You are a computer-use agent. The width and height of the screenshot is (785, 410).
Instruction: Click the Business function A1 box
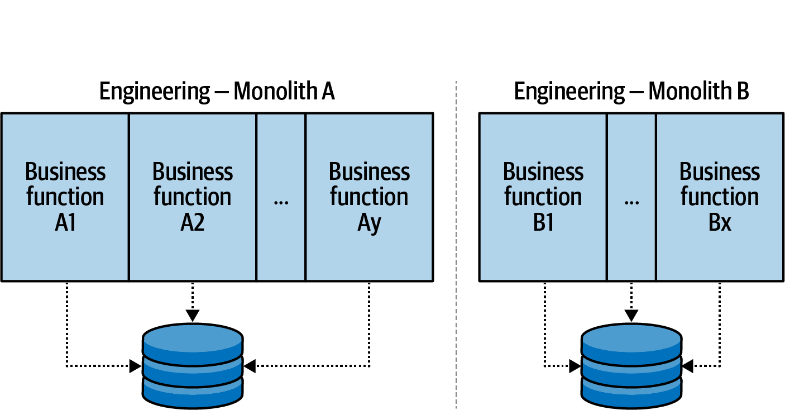[65, 197]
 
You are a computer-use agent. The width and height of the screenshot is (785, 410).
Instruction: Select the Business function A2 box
[193, 197]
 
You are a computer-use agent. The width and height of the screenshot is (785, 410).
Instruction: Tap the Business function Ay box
[369, 197]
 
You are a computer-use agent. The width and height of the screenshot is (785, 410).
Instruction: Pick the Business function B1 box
[543, 197]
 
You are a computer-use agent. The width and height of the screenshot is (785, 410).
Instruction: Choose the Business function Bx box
[720, 197]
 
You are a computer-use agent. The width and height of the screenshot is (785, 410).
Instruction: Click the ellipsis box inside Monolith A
[281, 197]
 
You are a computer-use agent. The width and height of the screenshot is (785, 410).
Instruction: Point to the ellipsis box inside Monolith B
[631, 197]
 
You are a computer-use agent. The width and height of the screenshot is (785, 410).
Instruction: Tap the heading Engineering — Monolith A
[217, 91]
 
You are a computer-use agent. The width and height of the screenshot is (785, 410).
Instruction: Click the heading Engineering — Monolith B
[631, 91]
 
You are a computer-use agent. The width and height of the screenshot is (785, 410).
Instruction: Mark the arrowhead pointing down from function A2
[193, 316]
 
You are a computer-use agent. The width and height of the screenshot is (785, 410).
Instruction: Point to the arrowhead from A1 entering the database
[135, 366]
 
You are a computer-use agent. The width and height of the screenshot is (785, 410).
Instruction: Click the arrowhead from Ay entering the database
[250, 366]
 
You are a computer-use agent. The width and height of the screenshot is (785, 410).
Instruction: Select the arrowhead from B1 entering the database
[575, 366]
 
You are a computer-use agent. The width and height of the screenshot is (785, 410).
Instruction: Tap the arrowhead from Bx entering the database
[688, 366]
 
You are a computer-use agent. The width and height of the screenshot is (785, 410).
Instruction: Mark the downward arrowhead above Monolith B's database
[631, 316]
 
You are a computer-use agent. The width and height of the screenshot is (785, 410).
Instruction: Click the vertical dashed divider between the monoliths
[456, 246]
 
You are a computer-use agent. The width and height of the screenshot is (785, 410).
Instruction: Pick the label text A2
[193, 223]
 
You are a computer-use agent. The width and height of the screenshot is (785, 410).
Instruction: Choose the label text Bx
[720, 223]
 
